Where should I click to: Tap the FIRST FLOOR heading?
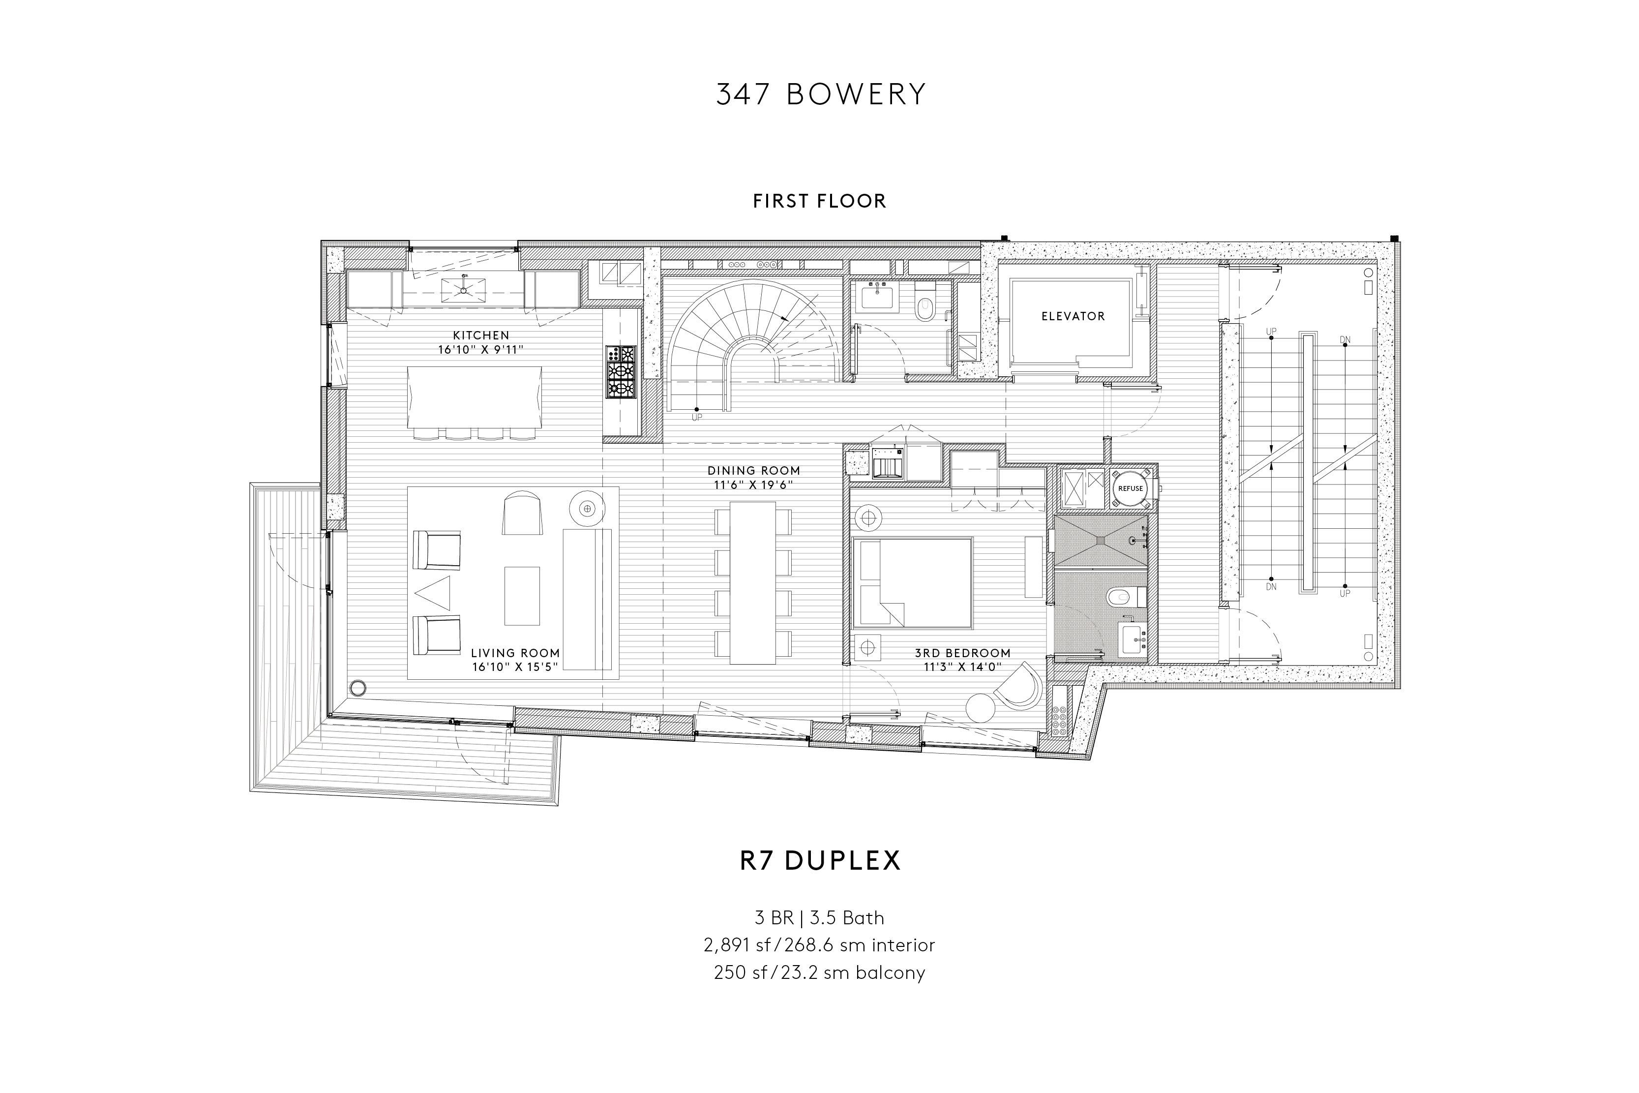click(819, 202)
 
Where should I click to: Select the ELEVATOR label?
click(1073, 316)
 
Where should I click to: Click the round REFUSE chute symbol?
click(1131, 488)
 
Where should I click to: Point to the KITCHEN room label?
click(481, 335)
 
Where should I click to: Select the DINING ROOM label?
click(753, 471)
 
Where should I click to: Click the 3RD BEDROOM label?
click(962, 653)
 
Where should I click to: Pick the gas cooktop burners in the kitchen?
click(620, 372)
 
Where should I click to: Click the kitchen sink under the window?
click(463, 286)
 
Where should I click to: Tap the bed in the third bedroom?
click(912, 583)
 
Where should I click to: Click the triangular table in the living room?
click(433, 594)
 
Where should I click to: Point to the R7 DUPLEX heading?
click(820, 860)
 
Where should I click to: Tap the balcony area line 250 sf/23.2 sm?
click(819, 972)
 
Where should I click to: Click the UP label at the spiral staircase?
click(696, 418)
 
